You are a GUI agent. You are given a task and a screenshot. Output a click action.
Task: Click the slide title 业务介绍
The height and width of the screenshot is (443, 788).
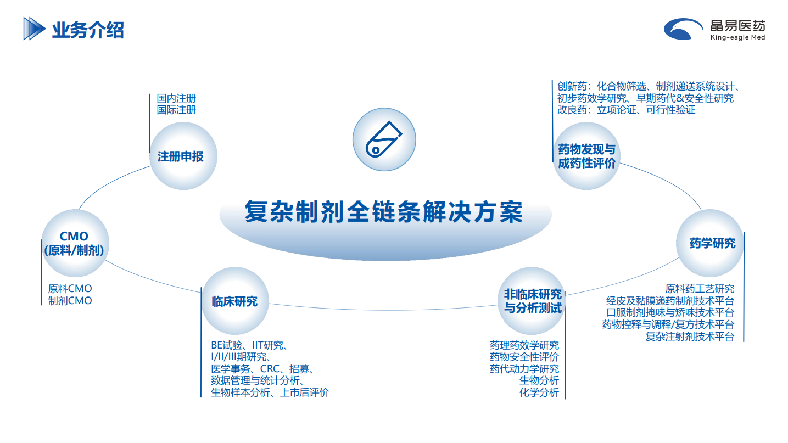[88, 30]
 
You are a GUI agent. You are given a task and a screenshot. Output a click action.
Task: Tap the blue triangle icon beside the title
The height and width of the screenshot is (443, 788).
[34, 29]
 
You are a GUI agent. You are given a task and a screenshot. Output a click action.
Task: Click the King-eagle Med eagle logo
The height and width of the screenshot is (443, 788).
[683, 29]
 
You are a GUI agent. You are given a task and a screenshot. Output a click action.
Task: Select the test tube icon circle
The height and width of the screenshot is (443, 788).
[384, 139]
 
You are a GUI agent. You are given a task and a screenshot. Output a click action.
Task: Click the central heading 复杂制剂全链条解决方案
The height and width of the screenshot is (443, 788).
[384, 212]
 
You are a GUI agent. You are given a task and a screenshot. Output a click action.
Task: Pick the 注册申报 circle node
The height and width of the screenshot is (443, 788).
[183, 156]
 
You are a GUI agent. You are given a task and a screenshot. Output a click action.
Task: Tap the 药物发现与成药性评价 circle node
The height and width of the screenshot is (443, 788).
[586, 156]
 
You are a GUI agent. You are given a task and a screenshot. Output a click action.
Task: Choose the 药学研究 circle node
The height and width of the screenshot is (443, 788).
[710, 243]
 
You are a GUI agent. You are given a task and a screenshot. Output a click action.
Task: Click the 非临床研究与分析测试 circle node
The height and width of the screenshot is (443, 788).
[532, 301]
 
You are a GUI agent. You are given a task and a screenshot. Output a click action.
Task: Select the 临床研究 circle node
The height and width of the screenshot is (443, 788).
[235, 301]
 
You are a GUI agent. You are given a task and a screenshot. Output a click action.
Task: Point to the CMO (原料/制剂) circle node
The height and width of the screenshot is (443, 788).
[75, 243]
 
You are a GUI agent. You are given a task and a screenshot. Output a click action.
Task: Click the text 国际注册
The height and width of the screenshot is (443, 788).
[176, 110]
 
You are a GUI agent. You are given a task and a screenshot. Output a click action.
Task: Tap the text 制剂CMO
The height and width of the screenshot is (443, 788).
[70, 301]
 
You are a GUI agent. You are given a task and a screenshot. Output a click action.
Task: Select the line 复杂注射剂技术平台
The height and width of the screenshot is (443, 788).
[690, 337]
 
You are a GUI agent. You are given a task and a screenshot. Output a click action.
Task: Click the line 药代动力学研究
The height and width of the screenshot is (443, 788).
[524, 369]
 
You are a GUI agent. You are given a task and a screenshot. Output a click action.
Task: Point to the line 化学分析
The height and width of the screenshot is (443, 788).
[539, 392]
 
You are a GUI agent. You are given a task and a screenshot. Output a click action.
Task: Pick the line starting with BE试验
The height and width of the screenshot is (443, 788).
[250, 345]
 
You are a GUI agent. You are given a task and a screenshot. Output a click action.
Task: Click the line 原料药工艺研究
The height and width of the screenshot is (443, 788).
[700, 289]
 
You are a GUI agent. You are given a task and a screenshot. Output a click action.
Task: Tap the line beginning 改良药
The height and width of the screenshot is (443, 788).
[626, 110]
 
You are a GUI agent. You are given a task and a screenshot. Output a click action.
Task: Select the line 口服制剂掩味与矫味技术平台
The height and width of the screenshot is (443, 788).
[670, 312]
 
